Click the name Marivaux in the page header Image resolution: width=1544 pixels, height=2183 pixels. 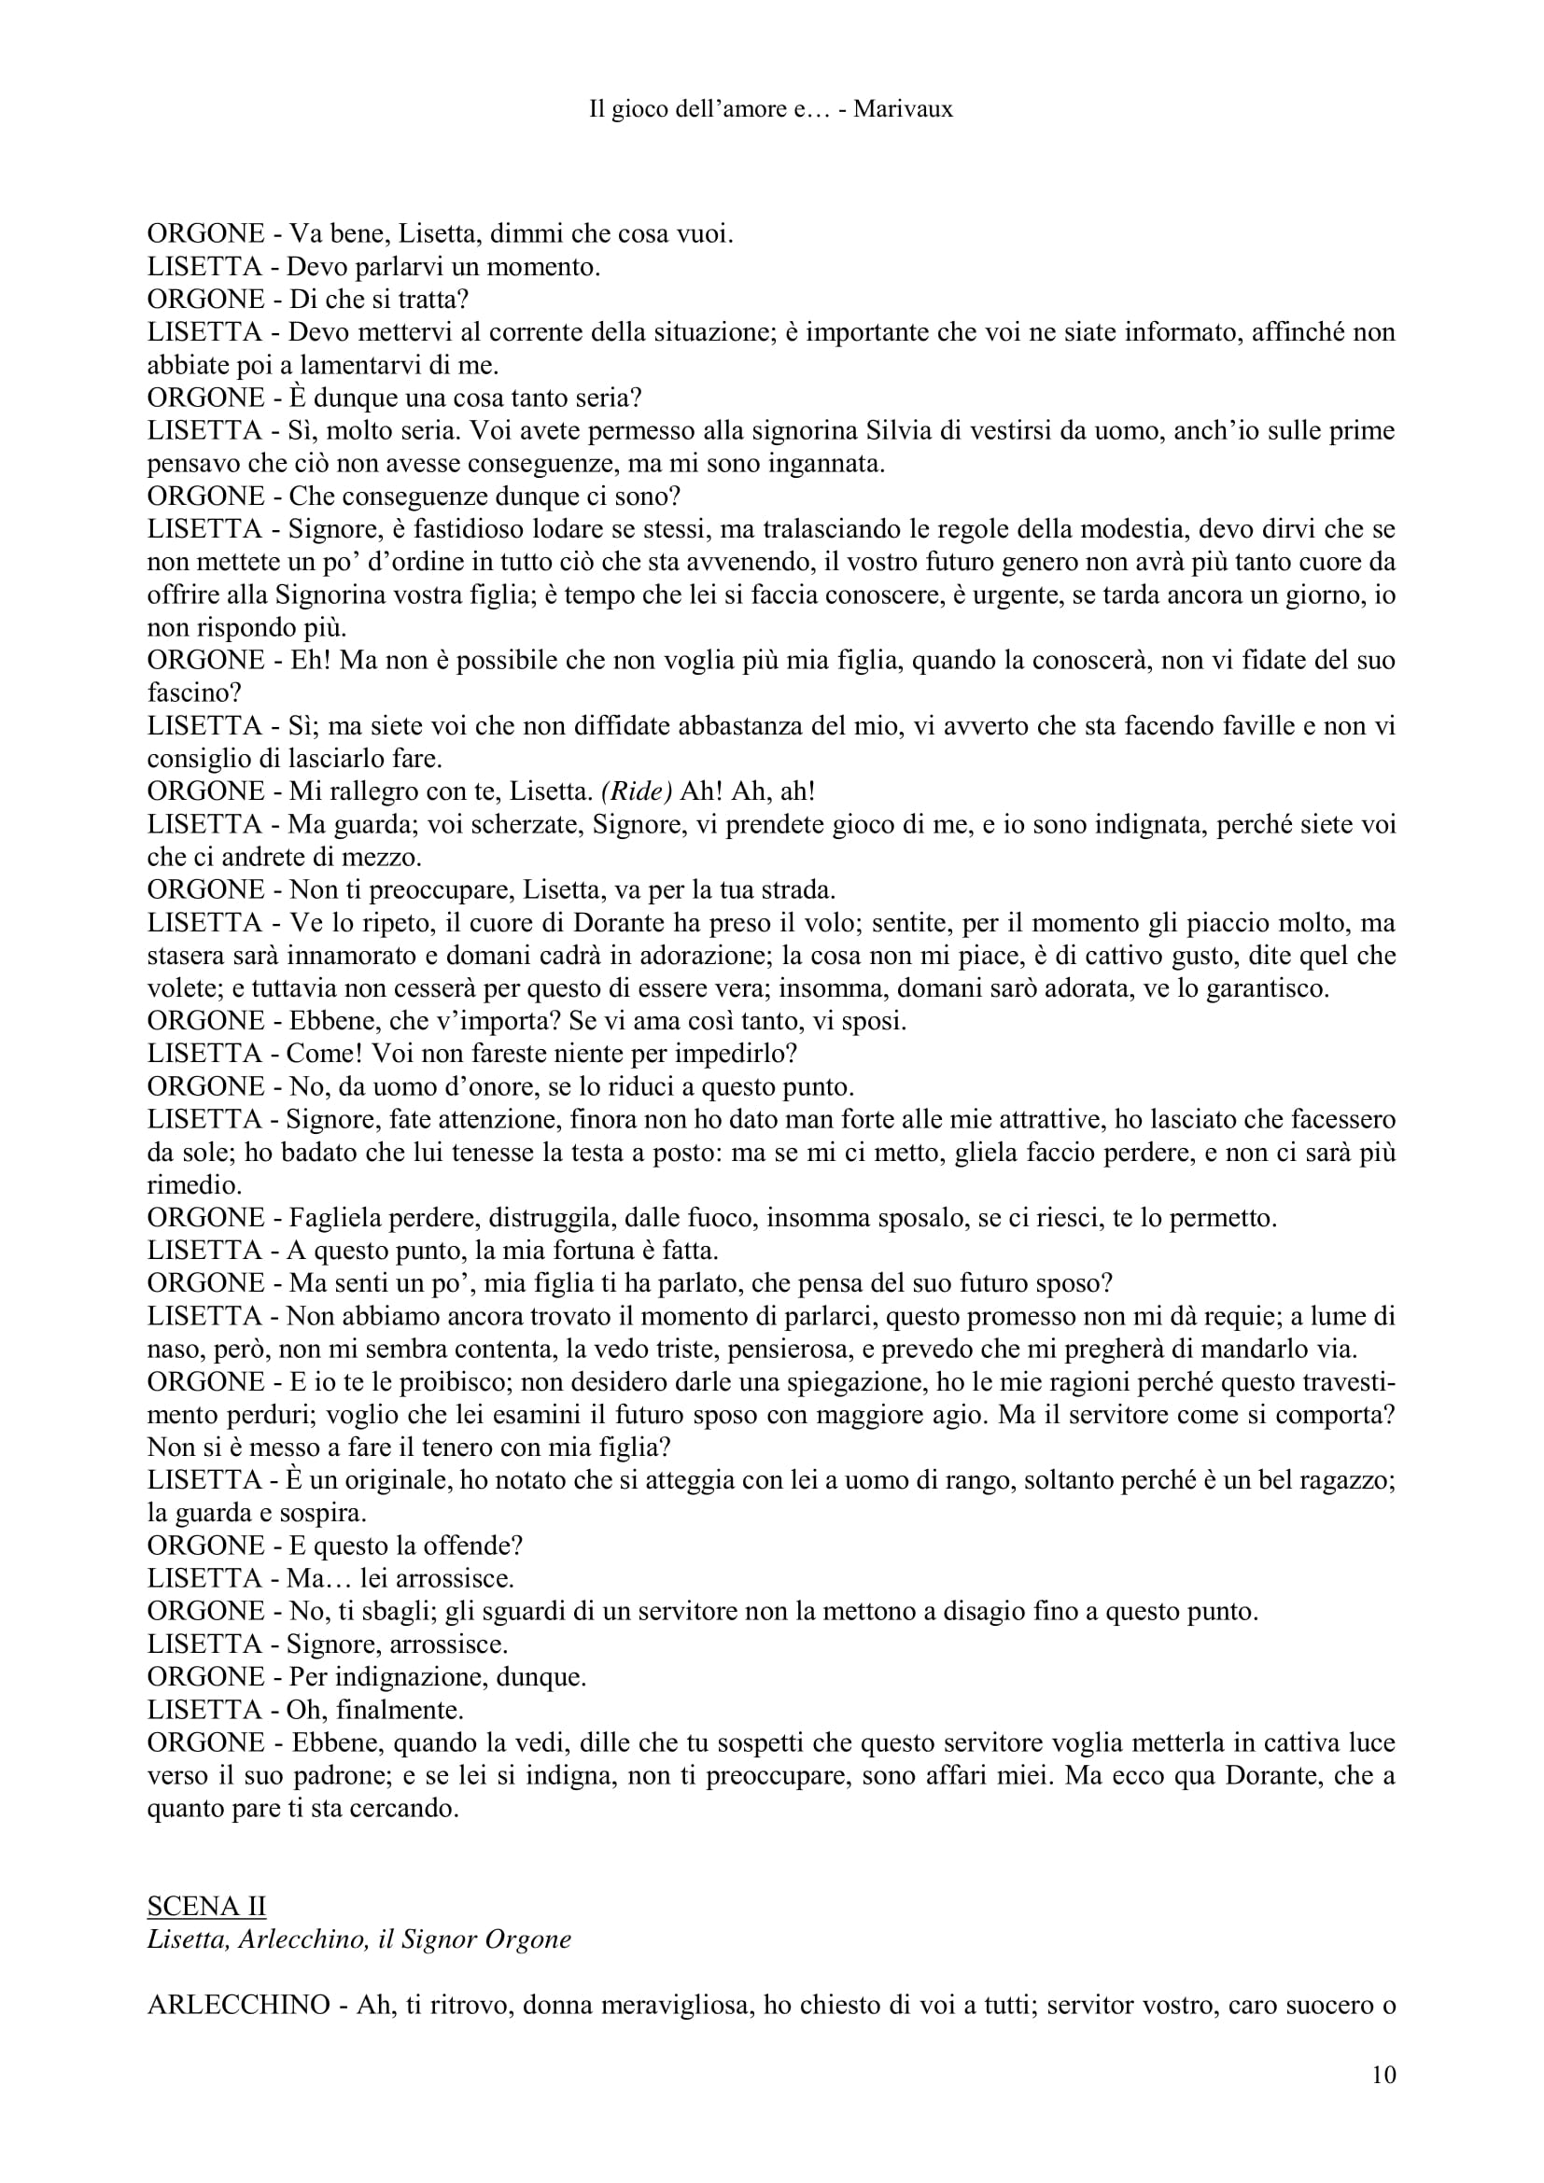(x=904, y=109)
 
